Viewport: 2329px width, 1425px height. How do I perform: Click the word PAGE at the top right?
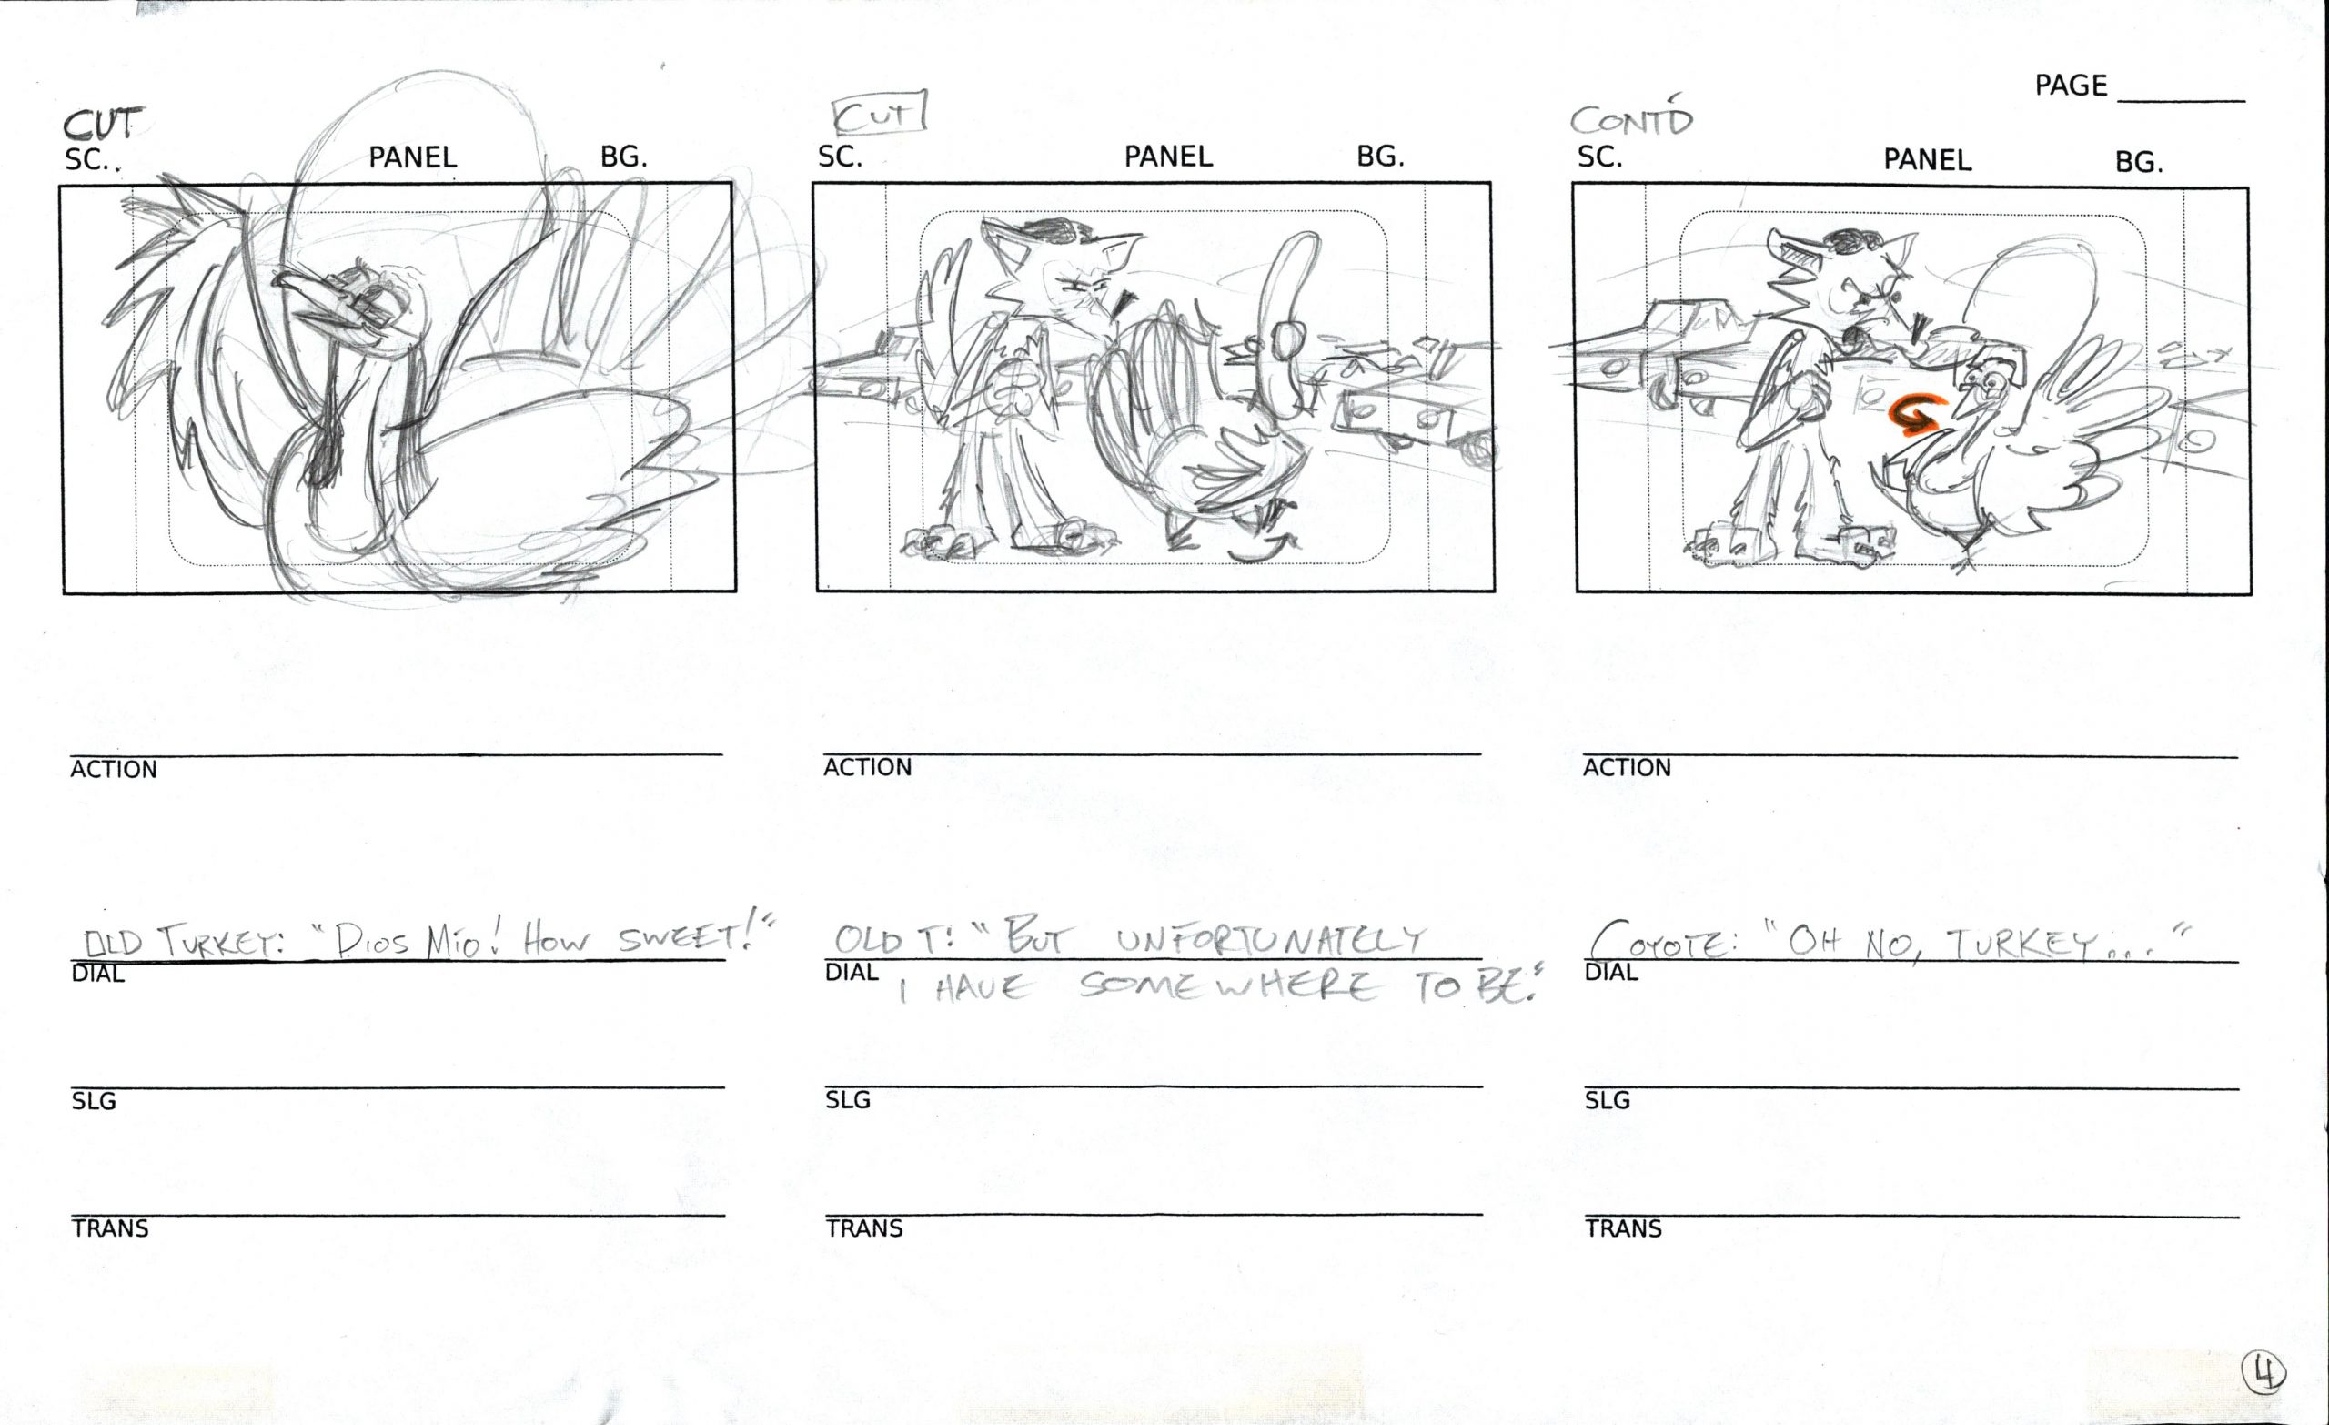[x=2071, y=86]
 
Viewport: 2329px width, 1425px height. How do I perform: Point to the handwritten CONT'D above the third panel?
[x=1631, y=117]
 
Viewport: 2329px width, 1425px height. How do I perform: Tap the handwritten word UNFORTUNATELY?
[x=1269, y=939]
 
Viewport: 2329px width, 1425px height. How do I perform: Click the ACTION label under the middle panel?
[x=867, y=767]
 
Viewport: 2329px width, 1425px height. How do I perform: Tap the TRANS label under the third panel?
[x=1622, y=1228]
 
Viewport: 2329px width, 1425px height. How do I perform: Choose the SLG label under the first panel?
[x=94, y=1101]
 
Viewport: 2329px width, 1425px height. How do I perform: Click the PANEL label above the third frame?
[x=1927, y=160]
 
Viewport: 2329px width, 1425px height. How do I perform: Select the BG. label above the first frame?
[x=624, y=157]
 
